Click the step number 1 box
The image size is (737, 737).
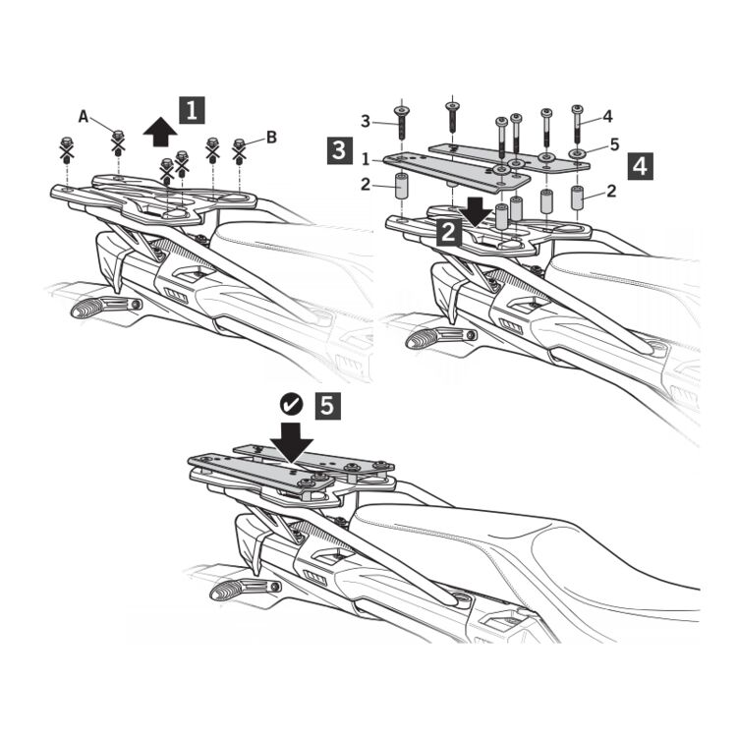192,110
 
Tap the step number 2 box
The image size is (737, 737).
448,232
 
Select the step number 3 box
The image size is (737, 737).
339,150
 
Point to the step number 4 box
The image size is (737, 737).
640,167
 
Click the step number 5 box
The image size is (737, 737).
326,406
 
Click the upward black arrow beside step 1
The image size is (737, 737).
160,132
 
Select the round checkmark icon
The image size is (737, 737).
292,405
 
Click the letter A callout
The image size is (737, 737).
84,116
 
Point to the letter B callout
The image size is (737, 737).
271,138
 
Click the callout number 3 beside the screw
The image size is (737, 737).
366,121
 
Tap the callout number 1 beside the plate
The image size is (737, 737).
366,159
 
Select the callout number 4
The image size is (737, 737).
607,116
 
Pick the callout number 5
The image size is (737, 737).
614,144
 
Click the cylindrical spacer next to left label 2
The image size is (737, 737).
401,187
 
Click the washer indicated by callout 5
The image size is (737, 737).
576,153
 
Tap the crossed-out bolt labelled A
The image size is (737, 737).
118,142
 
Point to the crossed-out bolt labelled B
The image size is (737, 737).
239,151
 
